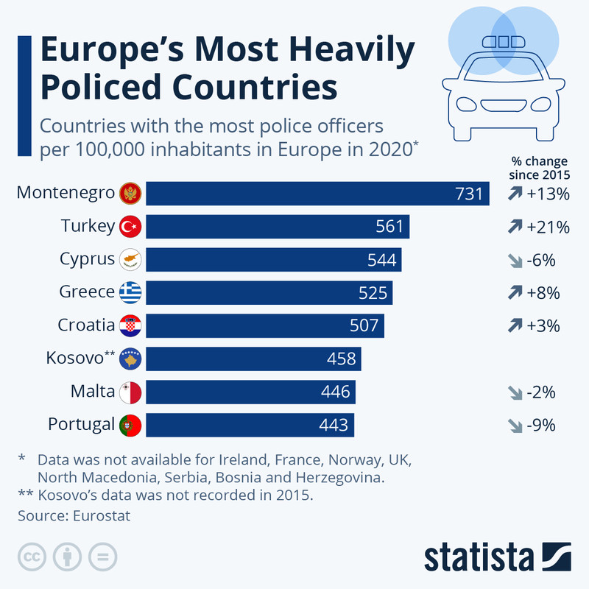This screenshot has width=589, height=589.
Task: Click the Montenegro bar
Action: pos(317,193)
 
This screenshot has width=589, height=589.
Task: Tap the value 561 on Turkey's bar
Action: pos(389,226)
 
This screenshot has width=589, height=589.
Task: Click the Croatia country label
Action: pos(86,325)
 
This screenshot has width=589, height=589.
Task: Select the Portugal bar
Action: pos(250,425)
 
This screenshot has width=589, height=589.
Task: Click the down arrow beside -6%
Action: pos(513,260)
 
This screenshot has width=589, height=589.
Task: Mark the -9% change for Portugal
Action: pos(540,425)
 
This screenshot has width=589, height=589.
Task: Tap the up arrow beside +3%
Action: pos(513,325)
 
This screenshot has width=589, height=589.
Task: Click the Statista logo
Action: pos(497,557)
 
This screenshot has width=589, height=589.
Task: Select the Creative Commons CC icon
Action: pos(31,557)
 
